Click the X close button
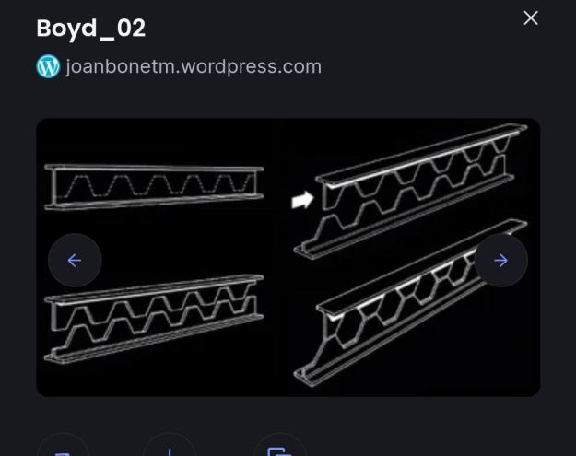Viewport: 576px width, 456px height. (531, 18)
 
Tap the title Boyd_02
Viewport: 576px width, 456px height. (90, 29)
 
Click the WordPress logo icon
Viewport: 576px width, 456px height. (48, 66)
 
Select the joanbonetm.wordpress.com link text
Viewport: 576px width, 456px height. (194, 67)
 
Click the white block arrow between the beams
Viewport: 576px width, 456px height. (302, 200)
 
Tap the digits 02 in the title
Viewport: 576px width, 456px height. (131, 29)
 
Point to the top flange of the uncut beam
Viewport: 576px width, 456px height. (154, 169)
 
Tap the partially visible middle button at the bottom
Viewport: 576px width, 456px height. (170, 445)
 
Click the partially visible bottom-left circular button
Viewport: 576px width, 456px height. (64, 445)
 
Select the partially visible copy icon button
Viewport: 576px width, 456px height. (280, 445)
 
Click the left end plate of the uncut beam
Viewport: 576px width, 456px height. (54, 187)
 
